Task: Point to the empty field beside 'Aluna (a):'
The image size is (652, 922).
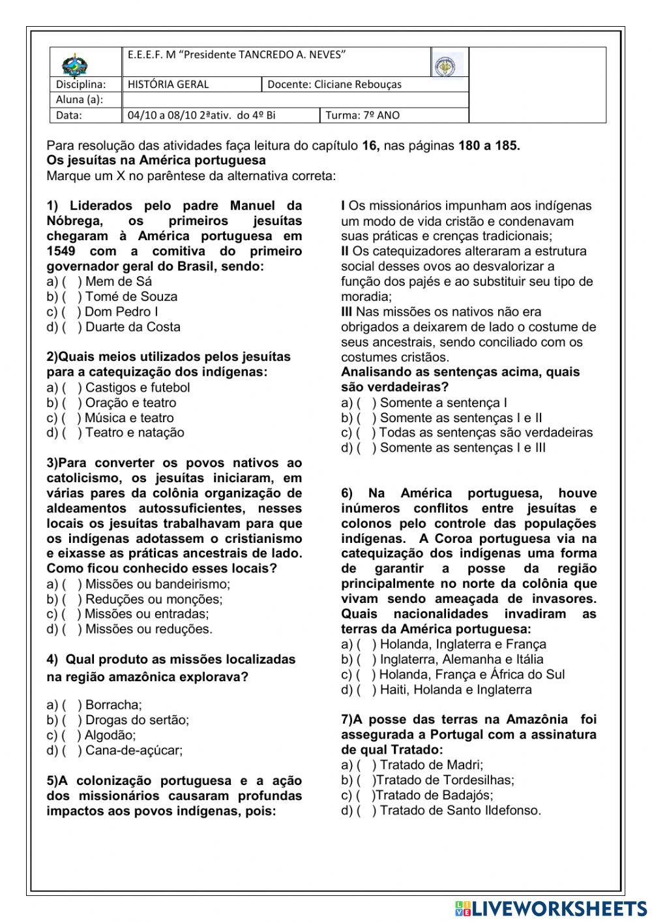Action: [x=295, y=99]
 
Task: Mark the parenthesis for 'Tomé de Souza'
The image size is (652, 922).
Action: [x=72, y=297]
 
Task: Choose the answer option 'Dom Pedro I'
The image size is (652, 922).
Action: [x=121, y=312]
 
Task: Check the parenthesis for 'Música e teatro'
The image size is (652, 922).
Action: [x=72, y=418]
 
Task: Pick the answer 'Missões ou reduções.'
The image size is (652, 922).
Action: [x=148, y=630]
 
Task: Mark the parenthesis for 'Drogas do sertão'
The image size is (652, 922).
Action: [x=72, y=720]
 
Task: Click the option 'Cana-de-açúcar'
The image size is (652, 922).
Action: [x=134, y=750]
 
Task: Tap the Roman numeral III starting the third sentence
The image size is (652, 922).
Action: [x=346, y=312]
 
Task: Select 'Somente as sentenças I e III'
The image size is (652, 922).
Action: [x=462, y=448]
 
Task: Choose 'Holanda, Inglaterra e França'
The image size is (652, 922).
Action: [x=462, y=645]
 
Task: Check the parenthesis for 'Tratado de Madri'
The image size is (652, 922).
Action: [x=366, y=765]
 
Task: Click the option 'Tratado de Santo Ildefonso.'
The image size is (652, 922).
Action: [x=460, y=811]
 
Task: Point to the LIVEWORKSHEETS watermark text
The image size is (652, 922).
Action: [x=558, y=908]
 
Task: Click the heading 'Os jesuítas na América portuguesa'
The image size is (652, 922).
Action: [x=156, y=161]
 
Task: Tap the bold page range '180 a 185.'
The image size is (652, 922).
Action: [x=489, y=146]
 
